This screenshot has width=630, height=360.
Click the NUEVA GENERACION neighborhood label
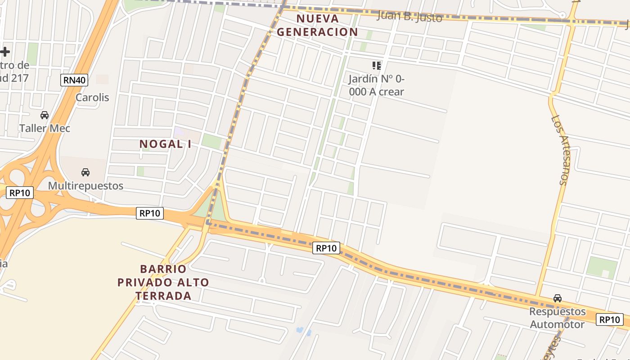pos(317,25)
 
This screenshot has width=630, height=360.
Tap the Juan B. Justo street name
pos(409,17)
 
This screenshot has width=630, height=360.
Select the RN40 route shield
pos(74,80)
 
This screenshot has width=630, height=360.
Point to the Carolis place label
pos(92,97)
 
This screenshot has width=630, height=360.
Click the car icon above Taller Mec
pos(45,115)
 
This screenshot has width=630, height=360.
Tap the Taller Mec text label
pos(45,128)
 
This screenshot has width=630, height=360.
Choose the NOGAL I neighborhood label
pos(165,144)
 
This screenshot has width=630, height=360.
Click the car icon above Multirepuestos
pos(85,172)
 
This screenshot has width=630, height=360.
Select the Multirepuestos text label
pos(85,185)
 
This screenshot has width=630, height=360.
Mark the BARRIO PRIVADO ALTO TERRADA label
pos(163,282)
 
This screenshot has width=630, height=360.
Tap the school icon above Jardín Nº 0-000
pos(377,66)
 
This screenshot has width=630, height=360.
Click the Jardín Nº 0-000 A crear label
pos(377,85)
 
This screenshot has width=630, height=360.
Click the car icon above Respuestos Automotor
pos(558,298)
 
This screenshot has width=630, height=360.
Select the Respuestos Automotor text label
pos(558,318)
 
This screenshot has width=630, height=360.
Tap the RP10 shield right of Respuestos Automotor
pos(610,319)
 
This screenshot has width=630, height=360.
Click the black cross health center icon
pos(4,52)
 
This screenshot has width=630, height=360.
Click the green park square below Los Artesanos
pos(602,267)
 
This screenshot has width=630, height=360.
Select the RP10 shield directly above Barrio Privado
pos(150,213)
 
